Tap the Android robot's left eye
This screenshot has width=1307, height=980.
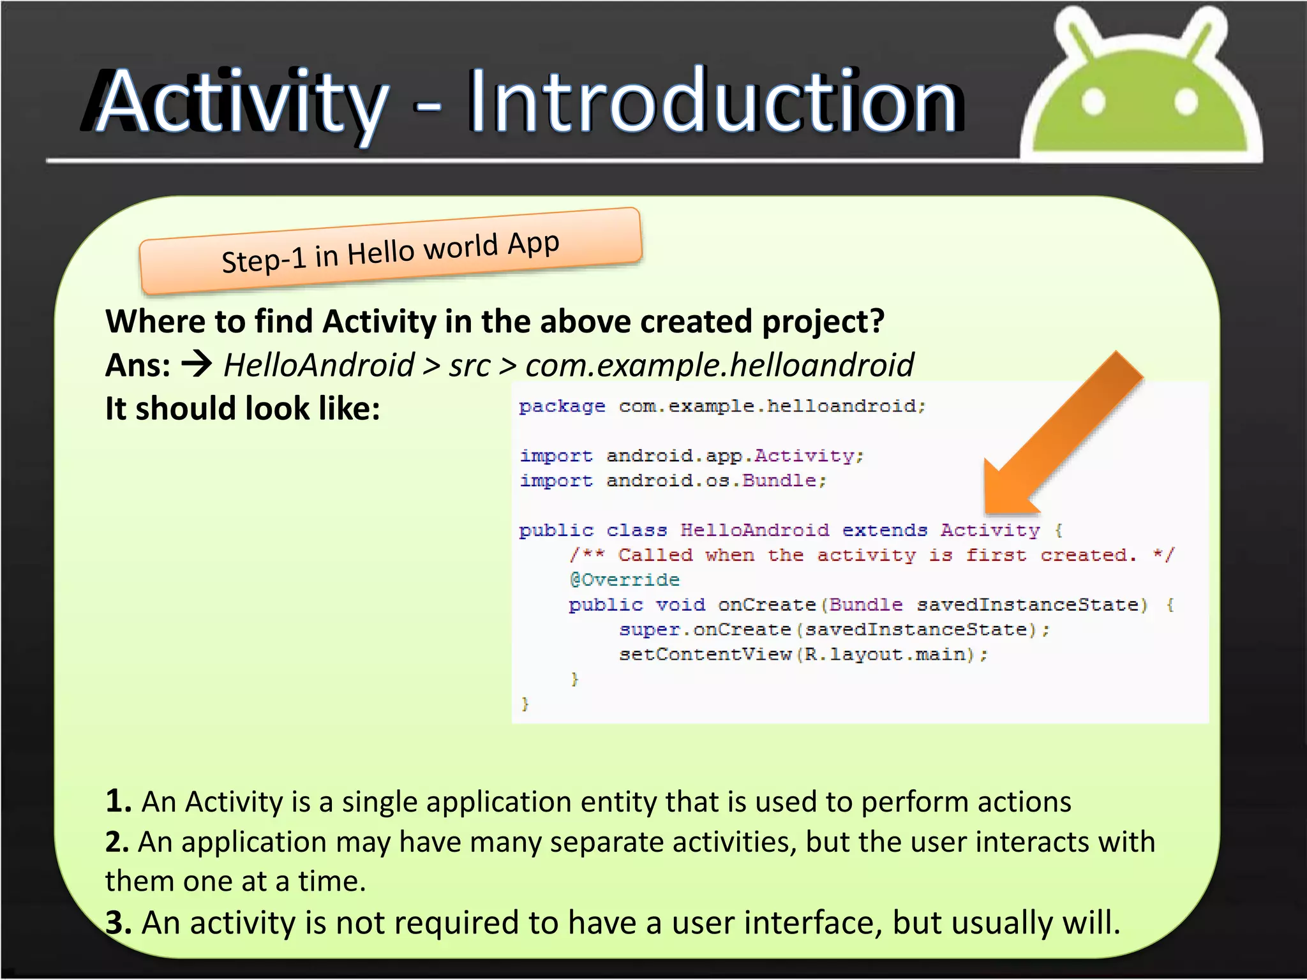click(x=1093, y=101)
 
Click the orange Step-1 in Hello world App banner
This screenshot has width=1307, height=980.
click(x=391, y=251)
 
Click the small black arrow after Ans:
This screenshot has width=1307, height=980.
click(x=197, y=365)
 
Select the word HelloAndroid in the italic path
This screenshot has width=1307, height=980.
click(x=319, y=366)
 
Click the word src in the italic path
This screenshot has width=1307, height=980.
click(x=470, y=366)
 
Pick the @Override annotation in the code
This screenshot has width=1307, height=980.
click(x=624, y=580)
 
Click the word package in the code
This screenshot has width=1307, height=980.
click(x=562, y=406)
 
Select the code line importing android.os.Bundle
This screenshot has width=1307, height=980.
click(x=673, y=480)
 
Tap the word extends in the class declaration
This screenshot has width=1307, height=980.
click(x=885, y=530)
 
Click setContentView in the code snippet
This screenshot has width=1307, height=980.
click(x=705, y=655)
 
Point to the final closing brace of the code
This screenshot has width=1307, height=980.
click(x=525, y=704)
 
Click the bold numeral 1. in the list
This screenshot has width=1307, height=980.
click(x=118, y=801)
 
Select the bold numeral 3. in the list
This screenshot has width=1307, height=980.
click(x=118, y=923)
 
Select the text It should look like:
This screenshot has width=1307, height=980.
click(x=243, y=408)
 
